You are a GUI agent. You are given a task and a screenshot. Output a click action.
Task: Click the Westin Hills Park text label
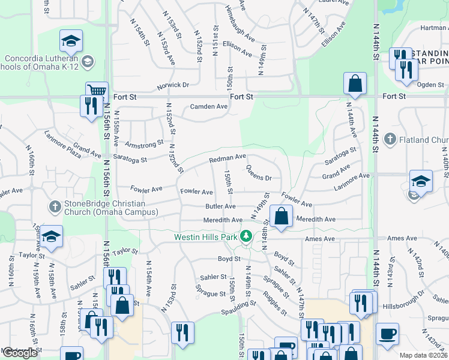coord(206,236)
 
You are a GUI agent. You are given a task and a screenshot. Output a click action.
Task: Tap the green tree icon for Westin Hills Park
coord(246,236)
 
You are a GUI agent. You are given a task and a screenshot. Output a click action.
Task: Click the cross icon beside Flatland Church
coord(391,140)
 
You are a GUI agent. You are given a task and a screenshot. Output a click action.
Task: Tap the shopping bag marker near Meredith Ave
coord(281,216)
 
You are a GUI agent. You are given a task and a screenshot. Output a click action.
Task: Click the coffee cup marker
coord(387,333)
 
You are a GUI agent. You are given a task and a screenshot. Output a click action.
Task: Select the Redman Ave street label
coord(228,158)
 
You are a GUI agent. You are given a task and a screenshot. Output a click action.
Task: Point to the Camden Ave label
coord(209,107)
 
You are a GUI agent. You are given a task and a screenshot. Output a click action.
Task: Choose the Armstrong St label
coord(144,144)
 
